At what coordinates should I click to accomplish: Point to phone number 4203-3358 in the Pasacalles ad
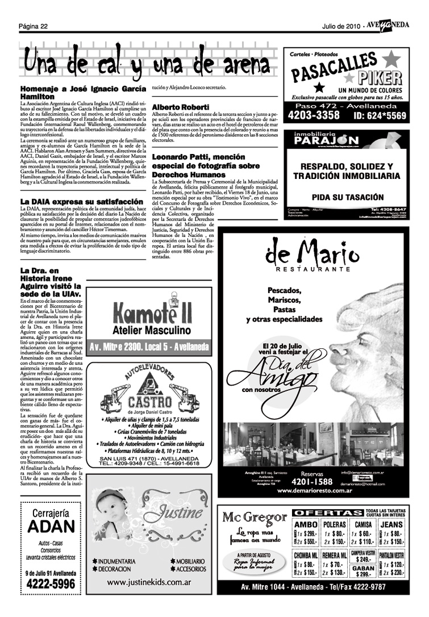[x=314, y=115]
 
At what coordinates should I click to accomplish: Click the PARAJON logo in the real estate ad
[x=326, y=140]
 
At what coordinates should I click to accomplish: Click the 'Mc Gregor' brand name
[x=254, y=517]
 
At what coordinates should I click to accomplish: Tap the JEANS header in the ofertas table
[x=391, y=524]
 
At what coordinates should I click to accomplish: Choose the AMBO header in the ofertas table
[x=307, y=524]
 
